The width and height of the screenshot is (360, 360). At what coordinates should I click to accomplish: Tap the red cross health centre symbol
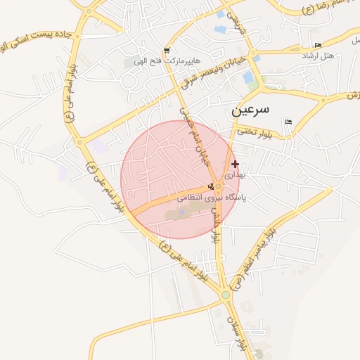click(x=235, y=164)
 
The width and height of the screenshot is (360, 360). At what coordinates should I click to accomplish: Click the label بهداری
click(x=235, y=172)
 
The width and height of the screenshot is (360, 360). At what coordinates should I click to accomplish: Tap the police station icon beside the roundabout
click(x=211, y=186)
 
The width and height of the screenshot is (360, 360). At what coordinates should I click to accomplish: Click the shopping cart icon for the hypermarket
click(x=167, y=51)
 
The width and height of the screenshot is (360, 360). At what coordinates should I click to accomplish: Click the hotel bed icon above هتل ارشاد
click(x=318, y=46)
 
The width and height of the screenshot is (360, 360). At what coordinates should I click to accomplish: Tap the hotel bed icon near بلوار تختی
click(x=288, y=122)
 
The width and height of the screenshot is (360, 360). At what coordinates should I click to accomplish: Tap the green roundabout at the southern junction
click(x=226, y=296)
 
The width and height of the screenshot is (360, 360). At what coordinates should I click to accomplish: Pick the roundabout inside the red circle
click(x=219, y=187)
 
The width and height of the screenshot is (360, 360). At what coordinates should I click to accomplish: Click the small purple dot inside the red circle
click(x=181, y=211)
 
